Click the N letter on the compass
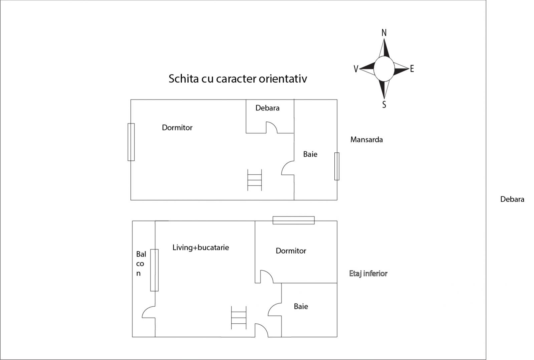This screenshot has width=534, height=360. (x=384, y=33)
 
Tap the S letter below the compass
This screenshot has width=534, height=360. (x=384, y=104)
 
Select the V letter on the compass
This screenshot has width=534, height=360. (x=356, y=69)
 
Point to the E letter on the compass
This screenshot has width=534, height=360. (x=412, y=69)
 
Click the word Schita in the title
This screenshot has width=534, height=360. (x=184, y=78)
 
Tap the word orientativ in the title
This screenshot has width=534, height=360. (x=283, y=78)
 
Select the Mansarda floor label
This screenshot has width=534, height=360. (x=366, y=139)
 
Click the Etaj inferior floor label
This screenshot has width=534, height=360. (x=368, y=273)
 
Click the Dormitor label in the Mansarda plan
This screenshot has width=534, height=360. (x=177, y=127)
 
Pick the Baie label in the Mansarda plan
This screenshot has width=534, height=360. (x=310, y=154)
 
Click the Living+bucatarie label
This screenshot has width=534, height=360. (x=201, y=247)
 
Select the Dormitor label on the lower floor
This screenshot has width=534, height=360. (x=291, y=251)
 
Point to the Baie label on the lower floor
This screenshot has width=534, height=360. (x=301, y=306)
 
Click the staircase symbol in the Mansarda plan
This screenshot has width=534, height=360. (x=255, y=180)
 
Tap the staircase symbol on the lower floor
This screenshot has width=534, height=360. (x=239, y=318)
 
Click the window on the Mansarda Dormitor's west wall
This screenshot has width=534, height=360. (x=131, y=142)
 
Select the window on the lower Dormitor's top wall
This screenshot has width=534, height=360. (x=293, y=220)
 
